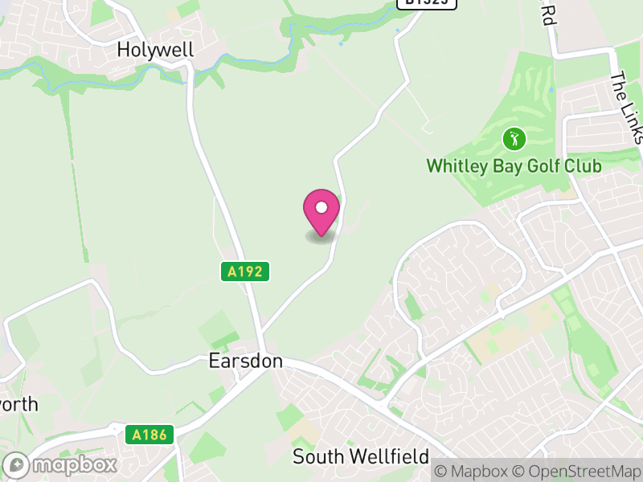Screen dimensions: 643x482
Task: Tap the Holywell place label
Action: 155,50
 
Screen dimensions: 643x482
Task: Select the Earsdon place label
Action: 245,361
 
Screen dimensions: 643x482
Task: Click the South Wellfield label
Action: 360,457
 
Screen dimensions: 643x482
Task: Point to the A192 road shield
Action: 245,272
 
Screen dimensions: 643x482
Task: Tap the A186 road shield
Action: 149,435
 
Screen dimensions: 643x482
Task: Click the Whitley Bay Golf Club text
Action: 514,166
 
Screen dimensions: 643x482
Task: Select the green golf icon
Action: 514,139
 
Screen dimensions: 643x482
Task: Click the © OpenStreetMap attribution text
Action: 577,471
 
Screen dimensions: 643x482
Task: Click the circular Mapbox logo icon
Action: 17,464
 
